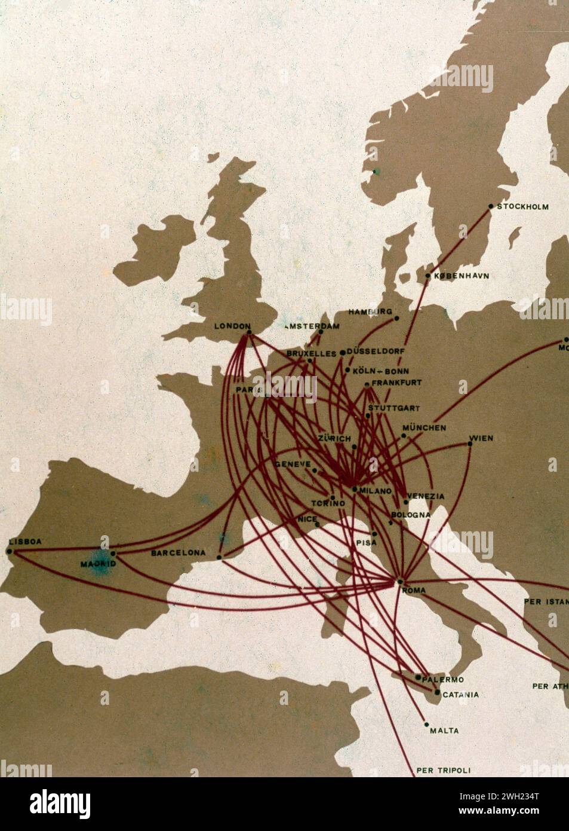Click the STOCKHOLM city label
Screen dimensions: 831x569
(x=522, y=207)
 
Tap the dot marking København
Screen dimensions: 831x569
(x=428, y=276)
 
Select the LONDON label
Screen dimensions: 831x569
(x=232, y=326)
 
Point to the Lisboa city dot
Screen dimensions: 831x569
(x=10, y=551)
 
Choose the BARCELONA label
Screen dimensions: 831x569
(x=178, y=553)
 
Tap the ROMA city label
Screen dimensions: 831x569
(x=414, y=591)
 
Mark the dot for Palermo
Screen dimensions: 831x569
(x=418, y=677)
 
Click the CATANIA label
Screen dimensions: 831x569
(x=460, y=695)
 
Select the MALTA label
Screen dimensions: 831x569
(x=444, y=731)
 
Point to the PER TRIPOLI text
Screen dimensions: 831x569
(x=444, y=770)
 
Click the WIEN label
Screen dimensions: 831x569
(x=481, y=438)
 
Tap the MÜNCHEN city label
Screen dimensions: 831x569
(x=424, y=428)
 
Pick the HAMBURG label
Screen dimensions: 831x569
(x=370, y=311)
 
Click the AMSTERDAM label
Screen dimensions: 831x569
(x=313, y=326)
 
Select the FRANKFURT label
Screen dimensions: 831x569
(x=396, y=383)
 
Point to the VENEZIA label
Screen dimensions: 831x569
(x=426, y=496)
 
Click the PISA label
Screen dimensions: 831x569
(x=367, y=542)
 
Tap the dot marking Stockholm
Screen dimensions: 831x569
(x=491, y=207)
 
